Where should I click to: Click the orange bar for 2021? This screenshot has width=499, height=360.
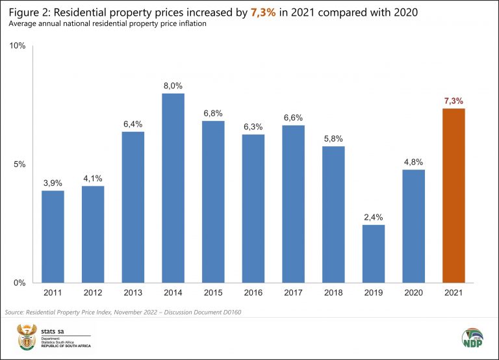pos(453,196)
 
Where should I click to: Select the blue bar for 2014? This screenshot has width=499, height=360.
pos(173,188)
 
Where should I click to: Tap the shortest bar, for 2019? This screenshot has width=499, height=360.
pos(374,253)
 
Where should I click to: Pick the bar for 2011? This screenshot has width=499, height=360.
pos(53,237)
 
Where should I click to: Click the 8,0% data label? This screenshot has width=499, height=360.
pos(173,85)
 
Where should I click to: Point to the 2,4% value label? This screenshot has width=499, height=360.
pos(374,217)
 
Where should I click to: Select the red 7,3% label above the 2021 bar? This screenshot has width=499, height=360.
pos(454,101)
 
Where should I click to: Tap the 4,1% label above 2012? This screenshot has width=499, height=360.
pos(93,177)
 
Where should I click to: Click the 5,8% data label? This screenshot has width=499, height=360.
pos(333,138)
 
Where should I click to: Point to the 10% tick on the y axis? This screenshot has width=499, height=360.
pos(18,46)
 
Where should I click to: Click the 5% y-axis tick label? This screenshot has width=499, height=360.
pos(19,164)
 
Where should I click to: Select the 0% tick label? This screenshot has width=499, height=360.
pos(19,283)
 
